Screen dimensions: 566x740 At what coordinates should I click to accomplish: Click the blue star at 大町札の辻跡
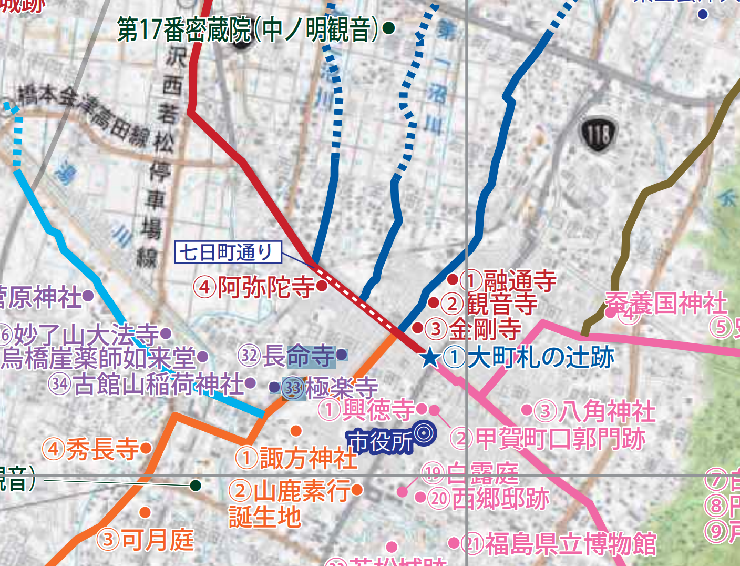[430, 358]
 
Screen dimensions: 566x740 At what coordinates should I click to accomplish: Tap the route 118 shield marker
[598, 135]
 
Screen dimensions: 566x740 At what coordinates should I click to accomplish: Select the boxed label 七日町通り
[228, 252]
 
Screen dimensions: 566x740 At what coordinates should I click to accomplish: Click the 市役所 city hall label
[380, 441]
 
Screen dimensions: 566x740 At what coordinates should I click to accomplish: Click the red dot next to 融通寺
[452, 279]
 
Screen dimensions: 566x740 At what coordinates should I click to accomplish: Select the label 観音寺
[502, 304]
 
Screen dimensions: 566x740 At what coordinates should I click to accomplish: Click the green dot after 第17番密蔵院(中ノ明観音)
[388, 28]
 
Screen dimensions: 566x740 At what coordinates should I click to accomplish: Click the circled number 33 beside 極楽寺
[293, 389]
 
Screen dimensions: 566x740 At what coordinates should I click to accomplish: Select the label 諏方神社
[309, 458]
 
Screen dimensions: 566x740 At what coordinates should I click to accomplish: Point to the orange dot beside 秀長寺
[146, 448]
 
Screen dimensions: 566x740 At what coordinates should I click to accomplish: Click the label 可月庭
[158, 540]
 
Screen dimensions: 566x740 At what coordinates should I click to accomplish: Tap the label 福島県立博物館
[570, 544]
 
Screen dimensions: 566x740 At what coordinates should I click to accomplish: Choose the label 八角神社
[607, 411]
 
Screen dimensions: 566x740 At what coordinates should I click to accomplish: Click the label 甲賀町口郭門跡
[560, 438]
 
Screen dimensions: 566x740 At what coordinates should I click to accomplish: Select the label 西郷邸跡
[500, 498]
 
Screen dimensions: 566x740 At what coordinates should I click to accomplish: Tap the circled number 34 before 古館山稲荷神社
[60, 384]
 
